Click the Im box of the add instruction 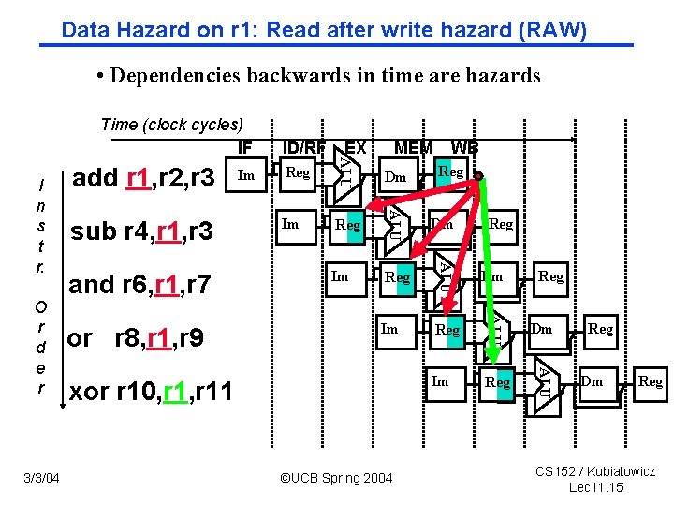(246, 174)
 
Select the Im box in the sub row (291, 224)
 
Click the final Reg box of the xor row (650, 381)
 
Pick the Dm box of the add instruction (396, 175)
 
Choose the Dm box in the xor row (592, 381)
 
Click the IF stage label (244, 147)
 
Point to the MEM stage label (413, 147)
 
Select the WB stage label (464, 147)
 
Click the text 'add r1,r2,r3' (143, 176)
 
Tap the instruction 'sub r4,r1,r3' (142, 231)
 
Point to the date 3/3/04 (42, 479)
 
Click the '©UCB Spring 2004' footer (337, 479)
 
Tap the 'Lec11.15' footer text (595, 487)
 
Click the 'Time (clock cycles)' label (171, 125)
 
